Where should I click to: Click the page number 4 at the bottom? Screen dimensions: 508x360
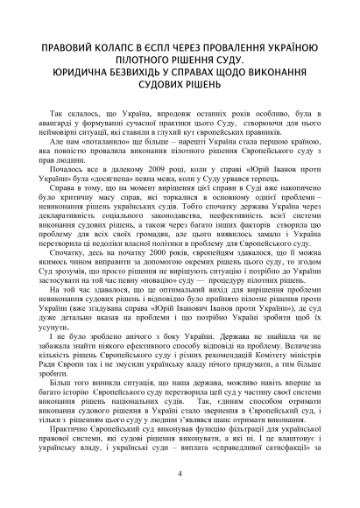coord(180,474)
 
